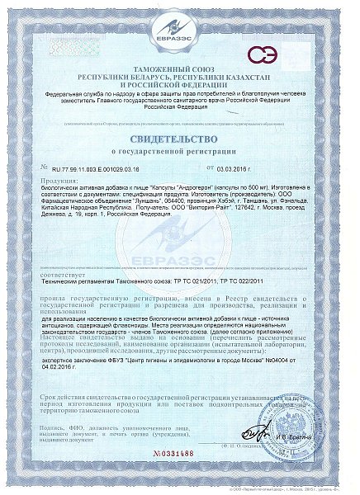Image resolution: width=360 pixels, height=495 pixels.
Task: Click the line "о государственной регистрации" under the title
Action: [179, 153]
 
